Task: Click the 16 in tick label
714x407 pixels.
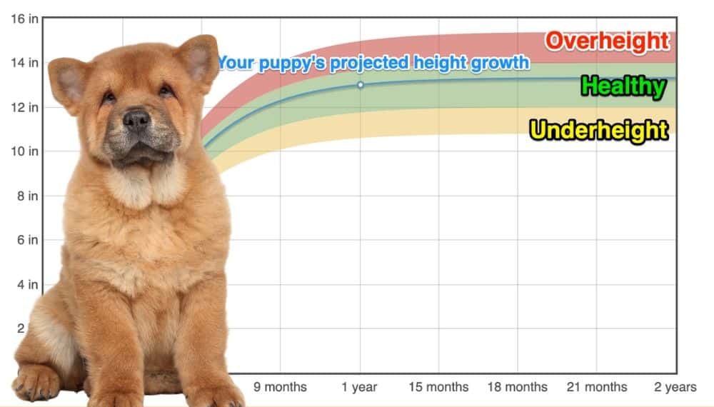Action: (x=24, y=19)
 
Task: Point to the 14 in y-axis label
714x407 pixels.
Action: (x=24, y=62)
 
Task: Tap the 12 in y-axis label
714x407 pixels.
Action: (x=24, y=107)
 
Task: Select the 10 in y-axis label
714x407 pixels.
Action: (x=24, y=151)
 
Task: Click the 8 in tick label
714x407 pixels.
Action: (x=28, y=196)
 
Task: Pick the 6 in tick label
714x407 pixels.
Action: (x=28, y=240)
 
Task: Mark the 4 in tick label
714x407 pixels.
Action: (x=28, y=284)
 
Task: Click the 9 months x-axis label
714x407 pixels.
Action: (x=280, y=387)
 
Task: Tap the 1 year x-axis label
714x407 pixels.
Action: (x=359, y=387)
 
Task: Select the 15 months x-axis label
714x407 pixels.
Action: (x=438, y=387)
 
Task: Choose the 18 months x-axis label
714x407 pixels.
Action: (x=517, y=387)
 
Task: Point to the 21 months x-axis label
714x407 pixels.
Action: (x=596, y=387)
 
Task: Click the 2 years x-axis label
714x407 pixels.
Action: (x=675, y=387)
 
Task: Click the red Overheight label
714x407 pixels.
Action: (x=608, y=41)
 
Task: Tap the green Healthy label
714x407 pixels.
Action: (x=624, y=86)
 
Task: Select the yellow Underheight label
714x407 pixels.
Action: (x=599, y=131)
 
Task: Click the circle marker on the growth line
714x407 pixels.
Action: (x=360, y=85)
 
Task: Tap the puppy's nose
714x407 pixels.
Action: (x=136, y=119)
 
